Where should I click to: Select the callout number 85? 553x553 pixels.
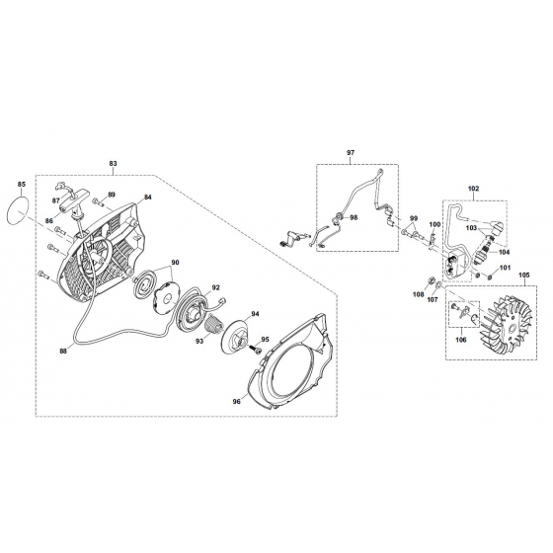(x=24, y=184)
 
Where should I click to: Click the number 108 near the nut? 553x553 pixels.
(x=418, y=294)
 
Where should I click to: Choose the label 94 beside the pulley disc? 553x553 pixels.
(x=254, y=313)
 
